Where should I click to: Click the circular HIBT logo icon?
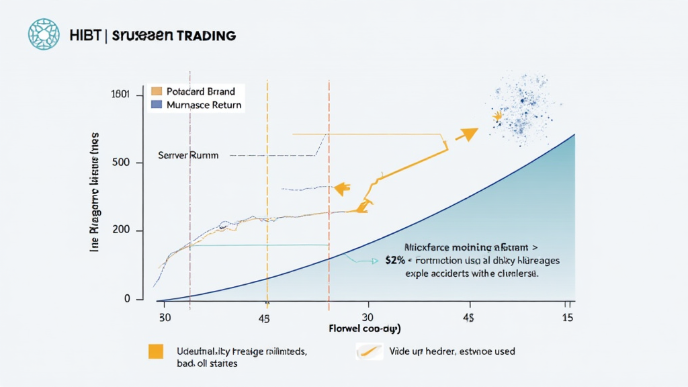coord(44,34)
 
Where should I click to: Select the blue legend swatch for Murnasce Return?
coord(157,105)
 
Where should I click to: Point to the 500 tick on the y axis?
coord(132,163)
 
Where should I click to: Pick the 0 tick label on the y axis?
coord(127,298)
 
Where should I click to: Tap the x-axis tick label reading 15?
coord(568,316)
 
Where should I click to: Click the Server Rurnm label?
coord(188,155)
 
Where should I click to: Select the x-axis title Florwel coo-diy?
coord(365,329)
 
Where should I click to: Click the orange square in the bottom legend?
coord(156,351)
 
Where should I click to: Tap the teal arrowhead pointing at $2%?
coord(375,261)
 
